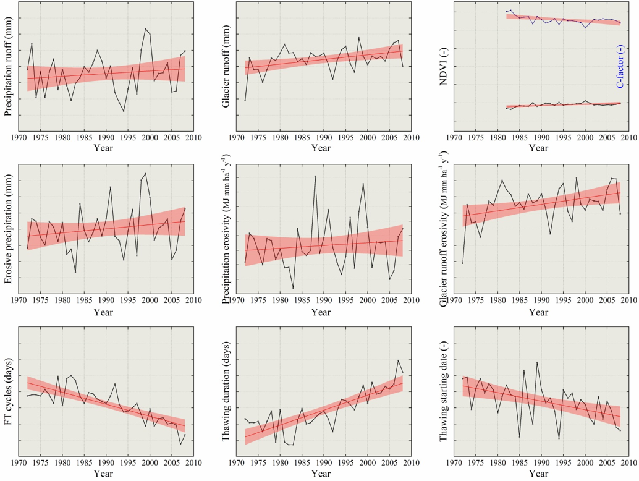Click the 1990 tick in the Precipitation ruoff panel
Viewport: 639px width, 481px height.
pyautogui.click(x=106, y=138)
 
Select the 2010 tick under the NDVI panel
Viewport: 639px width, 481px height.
pyautogui.click(x=629, y=138)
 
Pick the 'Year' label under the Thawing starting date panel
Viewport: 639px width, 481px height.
pyautogui.click(x=538, y=473)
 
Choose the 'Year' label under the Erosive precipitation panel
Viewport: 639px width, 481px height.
pyautogui.click(x=103, y=312)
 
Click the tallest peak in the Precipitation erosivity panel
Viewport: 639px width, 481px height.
pyautogui.click(x=315, y=176)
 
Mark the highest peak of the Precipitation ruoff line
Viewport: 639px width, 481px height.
pyautogui.click(x=146, y=28)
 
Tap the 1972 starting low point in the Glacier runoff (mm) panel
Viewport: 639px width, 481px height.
pyautogui.click(x=245, y=100)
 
